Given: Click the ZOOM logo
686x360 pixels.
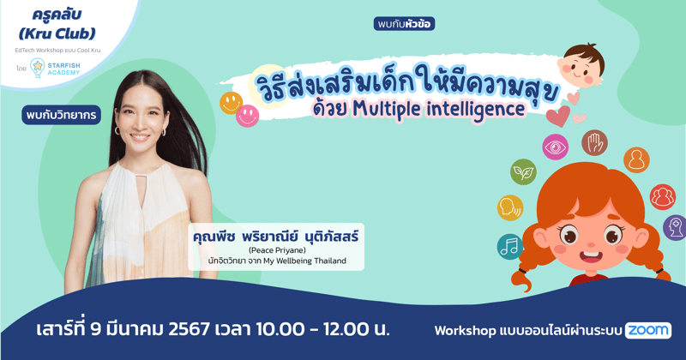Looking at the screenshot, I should click(x=648, y=330).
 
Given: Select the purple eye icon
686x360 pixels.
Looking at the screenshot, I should click(x=555, y=147).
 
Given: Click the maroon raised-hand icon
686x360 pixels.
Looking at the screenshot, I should click(x=594, y=142).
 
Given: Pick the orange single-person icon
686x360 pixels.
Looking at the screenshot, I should click(x=636, y=159).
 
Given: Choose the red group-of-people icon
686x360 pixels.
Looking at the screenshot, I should click(x=662, y=197).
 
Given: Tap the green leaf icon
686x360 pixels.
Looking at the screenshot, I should click(x=523, y=172).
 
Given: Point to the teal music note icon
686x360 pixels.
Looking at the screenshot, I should click(x=509, y=247).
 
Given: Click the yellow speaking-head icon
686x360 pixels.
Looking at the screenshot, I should click(x=509, y=207).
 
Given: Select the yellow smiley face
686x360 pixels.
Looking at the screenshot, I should click(x=231, y=103).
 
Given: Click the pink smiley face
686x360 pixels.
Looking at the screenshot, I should click(x=248, y=114).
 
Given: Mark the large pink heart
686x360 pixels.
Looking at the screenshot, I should click(x=558, y=115).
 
